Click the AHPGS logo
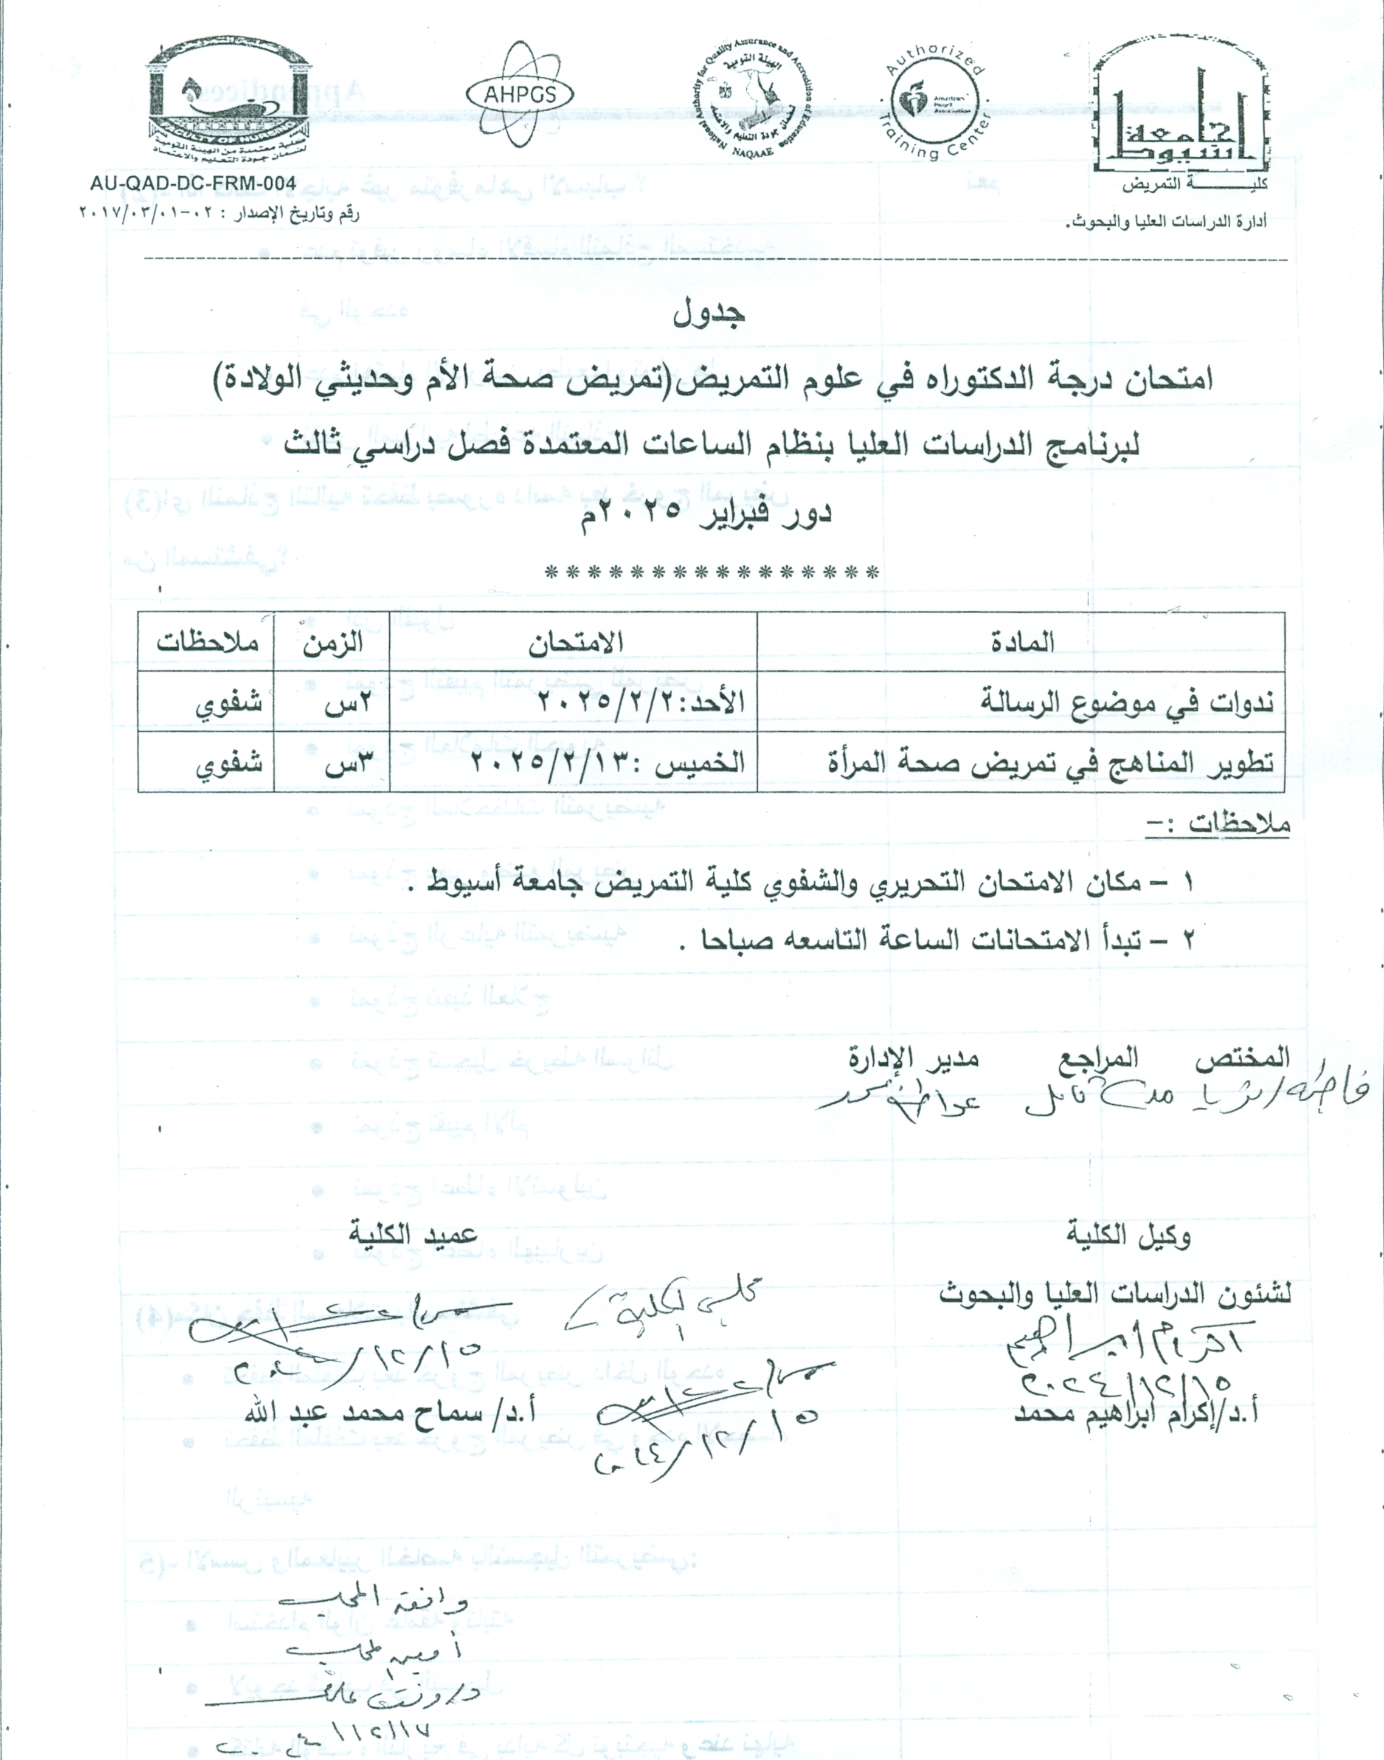pos(519,94)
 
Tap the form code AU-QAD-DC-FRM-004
pos(193,184)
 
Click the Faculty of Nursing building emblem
pos(229,99)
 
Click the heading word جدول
pos(709,314)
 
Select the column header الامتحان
pos(575,642)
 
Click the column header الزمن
pos(333,642)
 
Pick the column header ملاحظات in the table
pos(207,642)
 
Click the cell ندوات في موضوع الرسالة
pos(1126,701)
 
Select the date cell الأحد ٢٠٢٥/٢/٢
pos(641,701)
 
